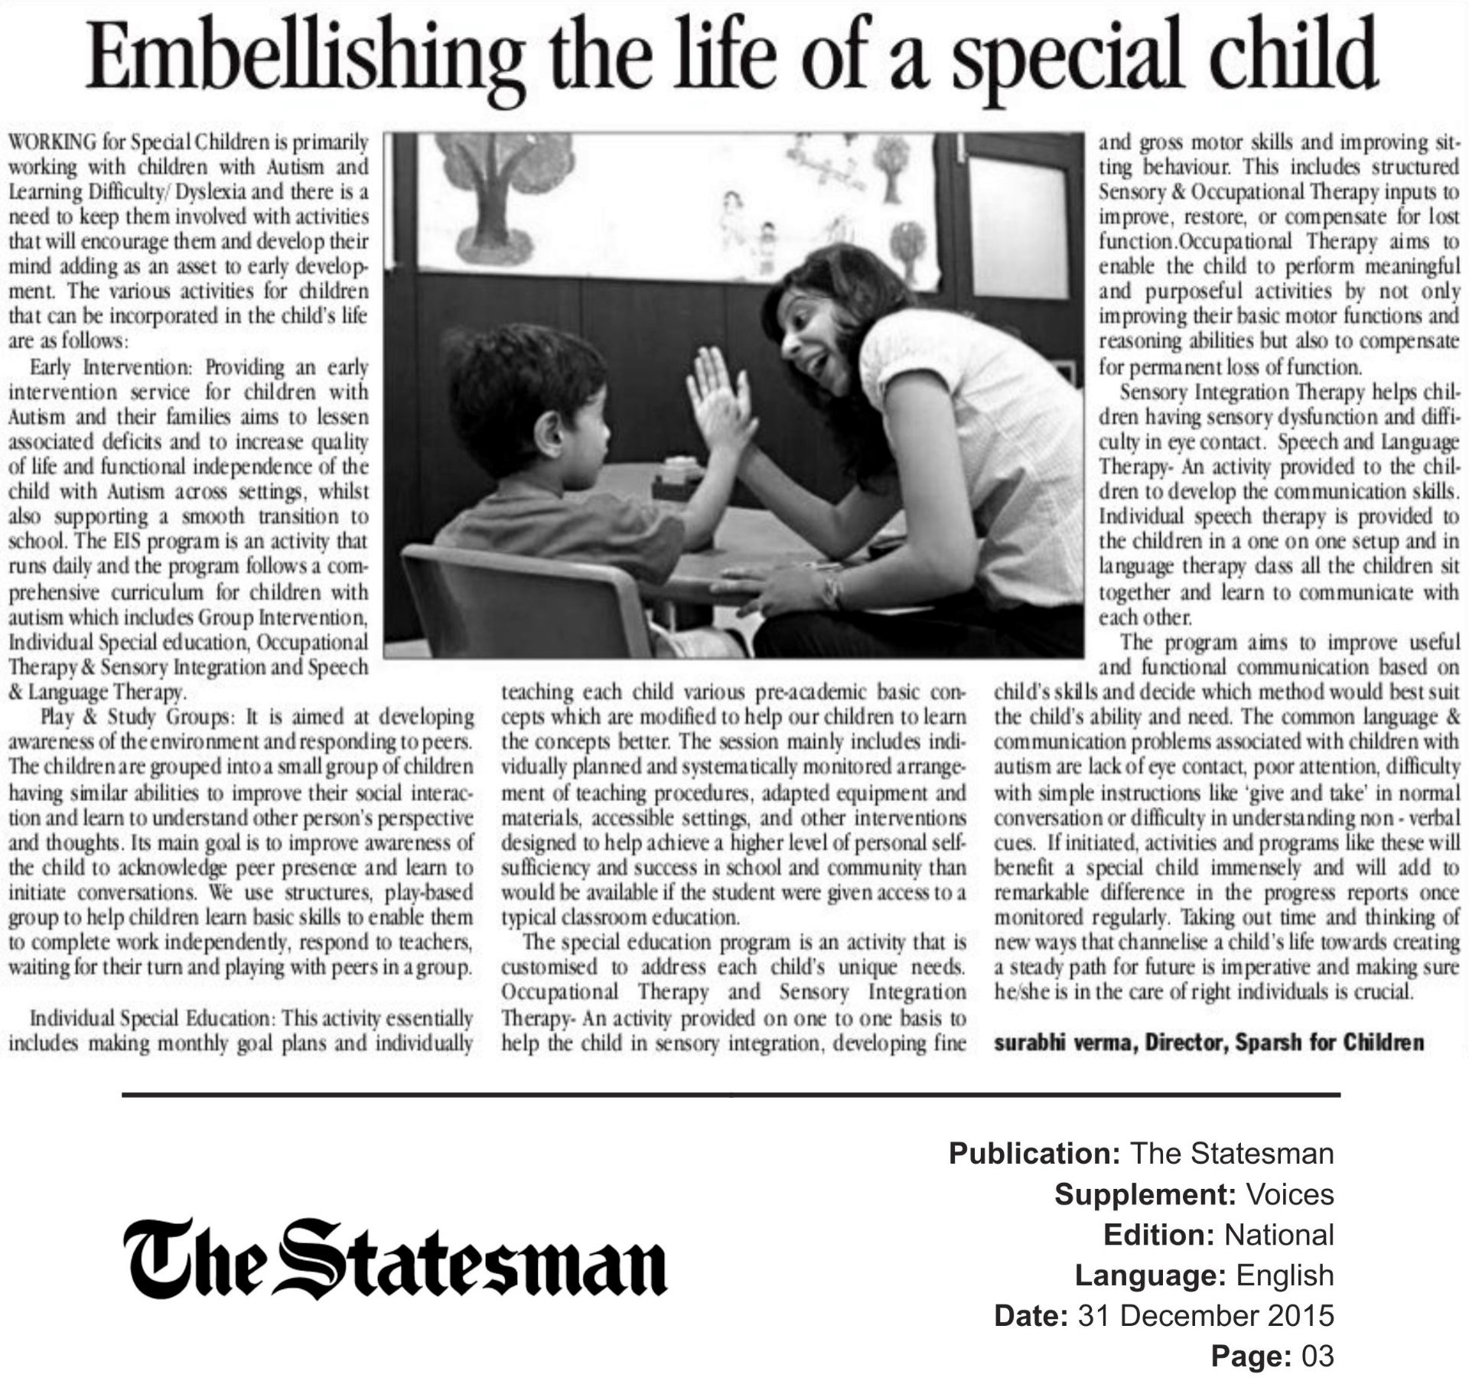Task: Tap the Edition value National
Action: coord(1278,1235)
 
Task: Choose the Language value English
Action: coord(1285,1275)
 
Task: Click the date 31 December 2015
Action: coord(1205,1316)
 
